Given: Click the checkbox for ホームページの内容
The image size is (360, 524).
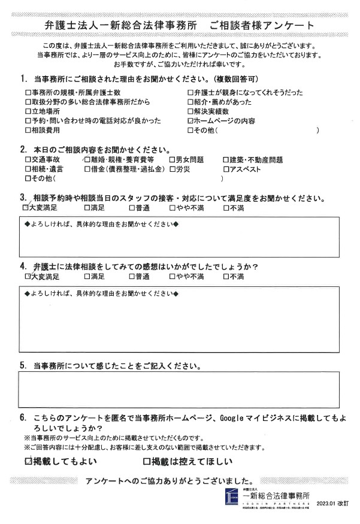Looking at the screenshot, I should [190, 120].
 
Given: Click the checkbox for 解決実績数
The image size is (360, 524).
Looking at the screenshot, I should [190, 111].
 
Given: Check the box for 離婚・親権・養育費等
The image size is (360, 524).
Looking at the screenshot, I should [87, 160].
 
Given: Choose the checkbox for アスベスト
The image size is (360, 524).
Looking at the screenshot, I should [225, 169].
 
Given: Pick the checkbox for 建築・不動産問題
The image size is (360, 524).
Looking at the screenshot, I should [225, 160].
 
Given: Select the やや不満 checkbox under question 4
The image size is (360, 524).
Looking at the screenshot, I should [173, 277].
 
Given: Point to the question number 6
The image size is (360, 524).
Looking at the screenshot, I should [23, 417].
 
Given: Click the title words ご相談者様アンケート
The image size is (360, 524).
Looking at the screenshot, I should [262, 25].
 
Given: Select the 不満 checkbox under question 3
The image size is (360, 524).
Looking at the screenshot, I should [225, 208].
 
